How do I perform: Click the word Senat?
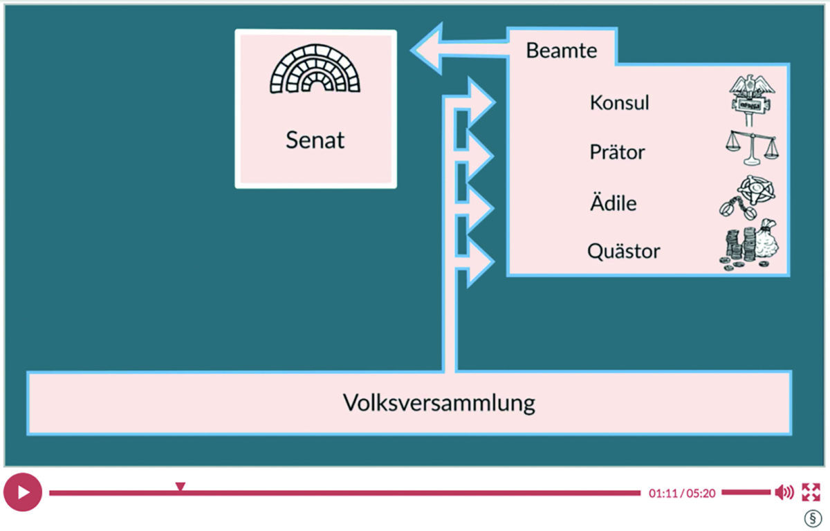[x=315, y=140]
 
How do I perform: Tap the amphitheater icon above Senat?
[x=315, y=71]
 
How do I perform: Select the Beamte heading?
[x=561, y=50]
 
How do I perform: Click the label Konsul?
[x=620, y=102]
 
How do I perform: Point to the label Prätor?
[x=617, y=151]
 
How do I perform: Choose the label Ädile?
[x=613, y=204]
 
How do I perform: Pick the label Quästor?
[x=623, y=251]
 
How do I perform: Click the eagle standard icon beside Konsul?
[x=752, y=102]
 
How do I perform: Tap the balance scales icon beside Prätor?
[x=750, y=148]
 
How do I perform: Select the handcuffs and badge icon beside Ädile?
[x=748, y=199]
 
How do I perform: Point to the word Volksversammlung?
[x=439, y=402]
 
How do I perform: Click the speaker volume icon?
[x=784, y=492]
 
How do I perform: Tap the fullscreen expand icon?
[x=810, y=492]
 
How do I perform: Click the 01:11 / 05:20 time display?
[x=681, y=493]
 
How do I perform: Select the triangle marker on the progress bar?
[x=180, y=487]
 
